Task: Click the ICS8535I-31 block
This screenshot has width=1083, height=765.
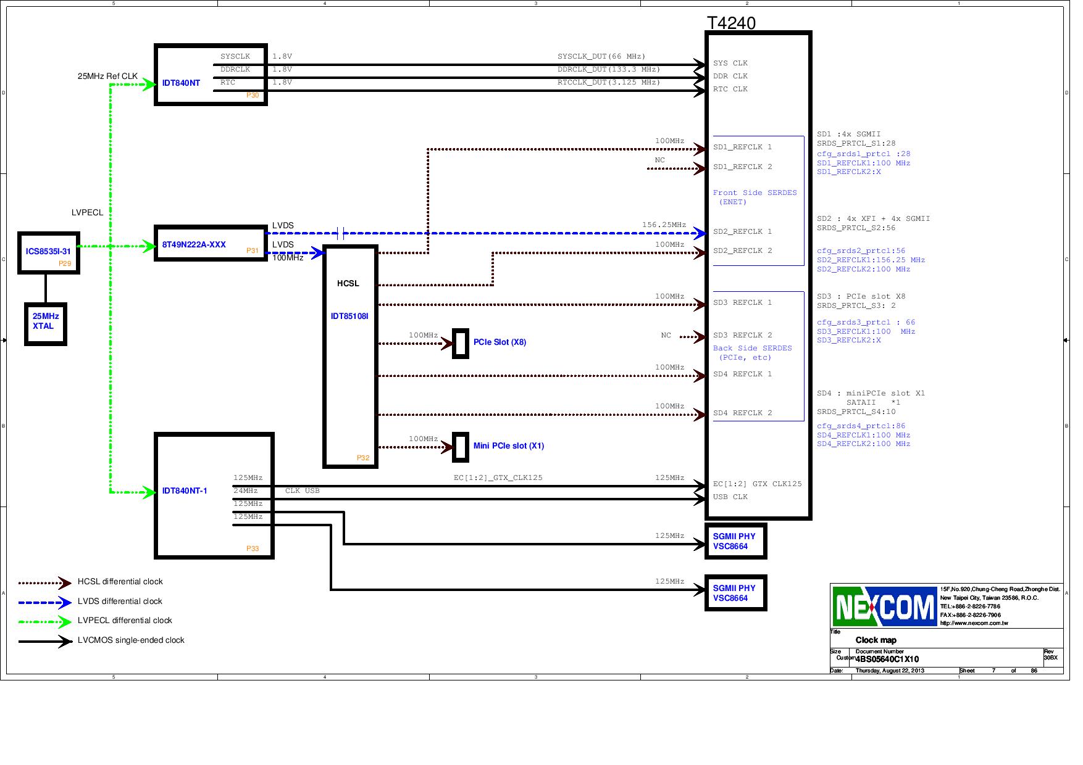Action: (x=48, y=252)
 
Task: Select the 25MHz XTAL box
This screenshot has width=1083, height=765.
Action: (x=46, y=323)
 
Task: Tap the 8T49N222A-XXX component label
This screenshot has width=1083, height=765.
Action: (x=194, y=245)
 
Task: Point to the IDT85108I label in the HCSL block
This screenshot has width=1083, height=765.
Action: (x=349, y=316)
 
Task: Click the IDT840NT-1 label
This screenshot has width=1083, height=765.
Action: (x=185, y=491)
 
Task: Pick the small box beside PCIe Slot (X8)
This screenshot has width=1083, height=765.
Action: (x=461, y=344)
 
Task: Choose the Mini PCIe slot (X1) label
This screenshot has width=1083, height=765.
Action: (x=509, y=446)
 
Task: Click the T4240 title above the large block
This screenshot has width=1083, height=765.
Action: (x=731, y=23)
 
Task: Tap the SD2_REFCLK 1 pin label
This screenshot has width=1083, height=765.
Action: (x=742, y=232)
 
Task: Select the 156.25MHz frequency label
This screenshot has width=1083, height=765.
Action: (x=664, y=225)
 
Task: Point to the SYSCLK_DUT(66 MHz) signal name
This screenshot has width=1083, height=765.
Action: (x=601, y=57)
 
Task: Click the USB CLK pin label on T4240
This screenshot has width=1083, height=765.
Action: (x=730, y=497)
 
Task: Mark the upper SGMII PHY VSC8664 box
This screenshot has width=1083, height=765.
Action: (x=735, y=542)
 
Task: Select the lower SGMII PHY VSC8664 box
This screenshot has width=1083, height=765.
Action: (x=735, y=593)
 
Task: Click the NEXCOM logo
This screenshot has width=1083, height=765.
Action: (x=884, y=606)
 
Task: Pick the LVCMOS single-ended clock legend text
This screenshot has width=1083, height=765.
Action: (x=131, y=640)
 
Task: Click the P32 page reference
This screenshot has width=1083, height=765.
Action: (x=363, y=458)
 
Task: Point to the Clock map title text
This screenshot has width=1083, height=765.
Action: (x=876, y=640)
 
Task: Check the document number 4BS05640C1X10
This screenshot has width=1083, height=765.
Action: (x=887, y=660)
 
